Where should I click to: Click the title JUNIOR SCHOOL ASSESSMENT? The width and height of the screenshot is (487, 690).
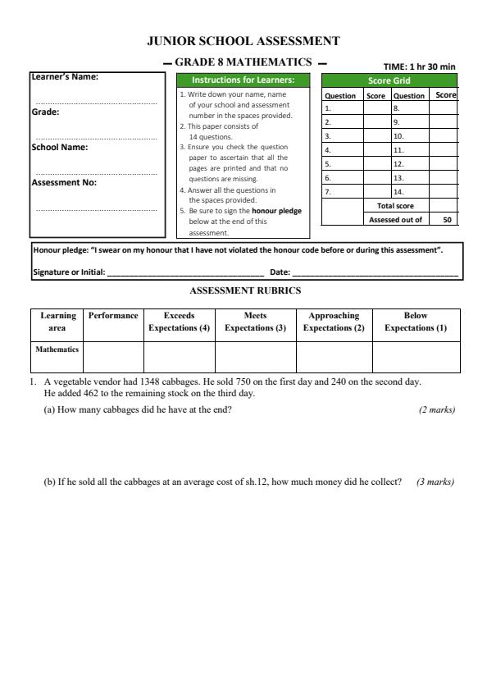coord(243,40)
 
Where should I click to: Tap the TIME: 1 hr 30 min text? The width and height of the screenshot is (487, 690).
coord(419,66)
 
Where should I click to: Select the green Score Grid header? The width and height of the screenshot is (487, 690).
coord(389,80)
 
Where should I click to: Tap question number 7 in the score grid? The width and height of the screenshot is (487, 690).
coord(328,191)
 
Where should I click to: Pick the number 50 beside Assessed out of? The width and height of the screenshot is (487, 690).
coord(447,219)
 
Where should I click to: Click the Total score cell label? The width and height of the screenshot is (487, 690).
coord(395,206)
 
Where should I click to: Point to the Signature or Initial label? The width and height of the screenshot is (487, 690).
coord(68,272)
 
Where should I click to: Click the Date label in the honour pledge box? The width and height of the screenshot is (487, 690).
coord(280,272)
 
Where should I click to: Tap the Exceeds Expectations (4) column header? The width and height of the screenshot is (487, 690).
coord(179,322)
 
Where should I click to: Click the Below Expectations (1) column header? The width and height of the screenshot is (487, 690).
coord(416,322)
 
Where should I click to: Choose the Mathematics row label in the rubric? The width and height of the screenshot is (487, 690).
coord(57,349)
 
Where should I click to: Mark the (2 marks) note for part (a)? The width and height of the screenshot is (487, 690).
coord(436,409)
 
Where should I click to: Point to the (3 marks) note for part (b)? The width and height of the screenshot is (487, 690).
coord(435,482)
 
